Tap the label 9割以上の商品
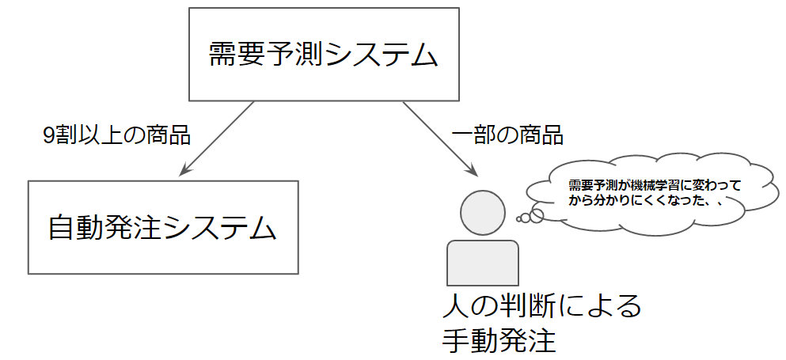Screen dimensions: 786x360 pos(117,136)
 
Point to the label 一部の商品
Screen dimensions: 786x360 pos(507,136)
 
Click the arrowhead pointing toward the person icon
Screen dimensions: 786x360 pos(471,169)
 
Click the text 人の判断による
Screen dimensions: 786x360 pos(541,305)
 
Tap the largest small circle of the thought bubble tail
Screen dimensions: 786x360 pos(537,215)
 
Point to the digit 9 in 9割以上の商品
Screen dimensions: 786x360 pos(48,136)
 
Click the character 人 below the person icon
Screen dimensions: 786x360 pos(455,305)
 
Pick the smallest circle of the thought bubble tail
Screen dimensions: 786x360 pos(518,219)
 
